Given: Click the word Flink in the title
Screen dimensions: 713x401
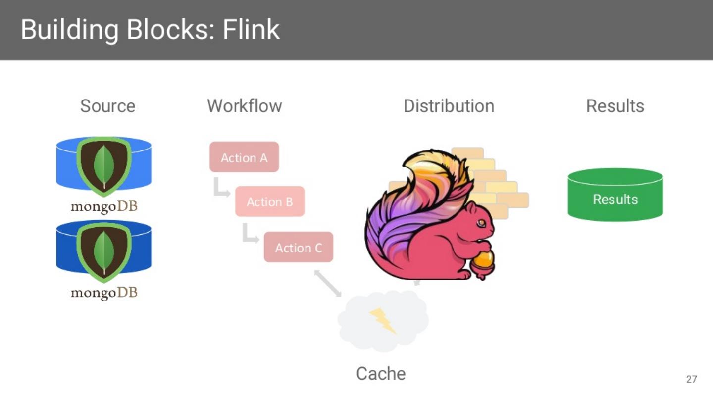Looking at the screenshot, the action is coord(251,30).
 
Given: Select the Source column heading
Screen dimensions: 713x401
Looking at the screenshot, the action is coord(107,106).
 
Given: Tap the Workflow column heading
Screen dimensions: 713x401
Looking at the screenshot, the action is coord(244,106).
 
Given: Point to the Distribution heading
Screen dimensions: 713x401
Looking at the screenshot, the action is coord(449,106).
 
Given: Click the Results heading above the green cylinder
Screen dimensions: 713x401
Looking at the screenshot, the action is coord(615,106).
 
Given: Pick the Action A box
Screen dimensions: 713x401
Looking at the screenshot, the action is coord(244,157).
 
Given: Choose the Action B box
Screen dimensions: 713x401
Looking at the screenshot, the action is coord(270,201).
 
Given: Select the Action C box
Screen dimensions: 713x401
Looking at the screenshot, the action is coord(298,247).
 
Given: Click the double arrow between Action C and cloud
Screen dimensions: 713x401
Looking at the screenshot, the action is coord(328,284).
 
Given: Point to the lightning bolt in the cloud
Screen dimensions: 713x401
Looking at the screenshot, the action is coord(383,320).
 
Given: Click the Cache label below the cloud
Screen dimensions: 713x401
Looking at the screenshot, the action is coord(381,374).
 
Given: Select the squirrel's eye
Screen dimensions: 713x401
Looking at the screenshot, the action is coord(480,224).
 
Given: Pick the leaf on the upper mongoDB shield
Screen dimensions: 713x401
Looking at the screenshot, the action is coord(104,163).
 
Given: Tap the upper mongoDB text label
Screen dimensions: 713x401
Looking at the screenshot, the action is coord(104,206).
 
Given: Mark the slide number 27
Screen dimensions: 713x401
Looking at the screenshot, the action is coord(691,379).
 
